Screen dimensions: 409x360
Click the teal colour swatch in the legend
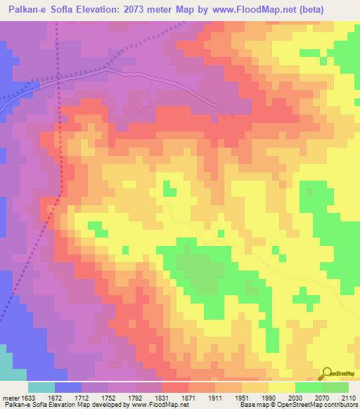(41, 387)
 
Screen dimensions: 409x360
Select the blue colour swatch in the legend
(68, 387)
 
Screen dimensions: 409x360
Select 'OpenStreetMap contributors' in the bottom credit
(323, 405)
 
